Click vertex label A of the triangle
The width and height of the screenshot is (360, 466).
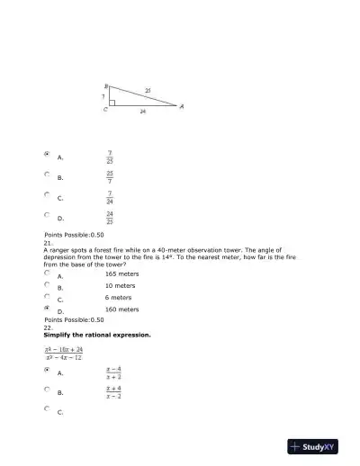182,107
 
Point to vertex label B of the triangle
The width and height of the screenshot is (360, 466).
106,85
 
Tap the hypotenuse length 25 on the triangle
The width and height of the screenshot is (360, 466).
148,91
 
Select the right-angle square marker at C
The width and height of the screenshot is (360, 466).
112,103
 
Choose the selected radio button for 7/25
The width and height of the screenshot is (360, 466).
47,155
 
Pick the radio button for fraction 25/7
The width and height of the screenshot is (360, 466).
47,175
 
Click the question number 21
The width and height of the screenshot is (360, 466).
48,243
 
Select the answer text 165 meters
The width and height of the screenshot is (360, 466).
121,273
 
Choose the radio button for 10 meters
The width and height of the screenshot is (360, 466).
47,284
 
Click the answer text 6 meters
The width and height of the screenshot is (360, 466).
118,297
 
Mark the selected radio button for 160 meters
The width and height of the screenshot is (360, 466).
47,307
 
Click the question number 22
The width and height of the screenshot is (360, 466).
48,327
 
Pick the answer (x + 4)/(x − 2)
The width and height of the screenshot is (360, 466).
113,392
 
